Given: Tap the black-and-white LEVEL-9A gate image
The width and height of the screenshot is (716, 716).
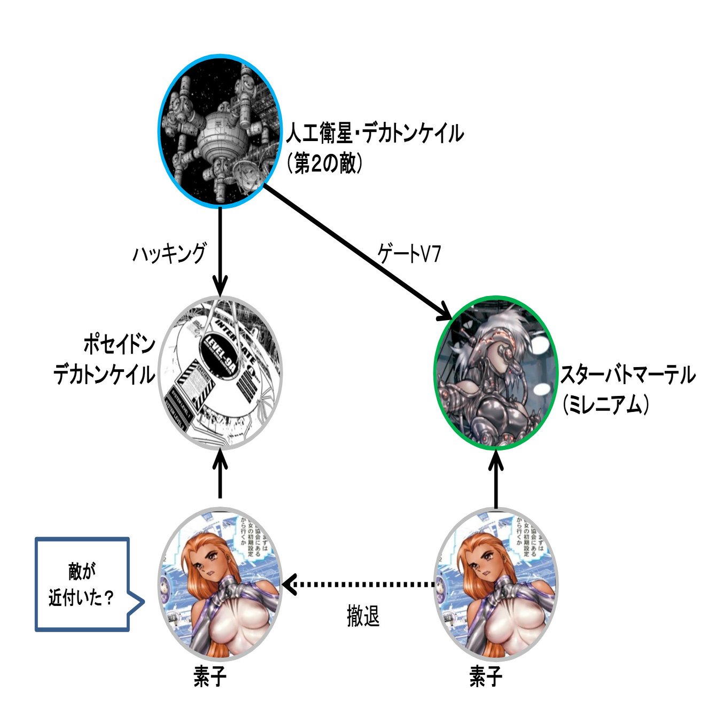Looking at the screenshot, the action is pos(220,372).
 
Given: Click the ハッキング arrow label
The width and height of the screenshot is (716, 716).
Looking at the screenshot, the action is pos(169,253).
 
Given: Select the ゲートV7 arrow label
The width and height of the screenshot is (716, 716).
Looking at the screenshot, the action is pos(409,254).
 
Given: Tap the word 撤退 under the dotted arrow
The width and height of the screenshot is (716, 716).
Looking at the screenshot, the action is pos(363,617).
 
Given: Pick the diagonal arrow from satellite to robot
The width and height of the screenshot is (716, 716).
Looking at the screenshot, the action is pos(358,251).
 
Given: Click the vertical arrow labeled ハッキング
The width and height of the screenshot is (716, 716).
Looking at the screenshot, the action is pos(220,251).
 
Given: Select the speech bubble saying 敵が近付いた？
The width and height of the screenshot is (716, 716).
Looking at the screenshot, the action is pos(83,584).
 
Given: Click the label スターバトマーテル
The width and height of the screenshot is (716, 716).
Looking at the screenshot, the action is pos(627,376).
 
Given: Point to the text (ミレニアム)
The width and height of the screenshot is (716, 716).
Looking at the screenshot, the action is pos(605,405).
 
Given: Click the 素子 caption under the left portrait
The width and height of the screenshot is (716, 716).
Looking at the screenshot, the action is pos(209,678).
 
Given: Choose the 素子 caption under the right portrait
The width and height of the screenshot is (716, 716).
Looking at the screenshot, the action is pos(485,678).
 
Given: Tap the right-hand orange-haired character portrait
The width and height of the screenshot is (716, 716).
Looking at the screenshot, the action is pos(496,585).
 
